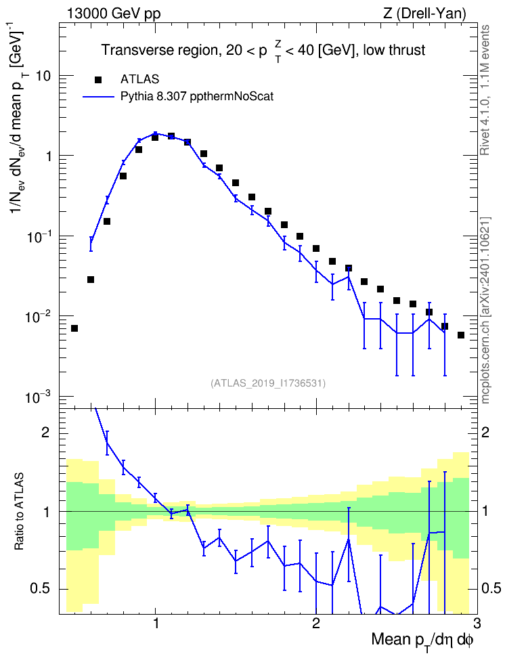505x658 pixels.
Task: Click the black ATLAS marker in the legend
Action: pyautogui.click(x=98, y=79)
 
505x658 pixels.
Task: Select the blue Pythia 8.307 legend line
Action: pyautogui.click(x=98, y=97)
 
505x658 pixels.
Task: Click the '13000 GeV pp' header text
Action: pyautogui.click(x=113, y=14)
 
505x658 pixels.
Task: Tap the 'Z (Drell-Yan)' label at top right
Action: pyautogui.click(x=424, y=14)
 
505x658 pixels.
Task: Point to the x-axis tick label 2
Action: pyautogui.click(x=316, y=622)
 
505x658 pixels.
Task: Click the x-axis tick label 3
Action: pyautogui.click(x=477, y=622)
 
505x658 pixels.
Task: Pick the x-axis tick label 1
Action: pyautogui.click(x=156, y=622)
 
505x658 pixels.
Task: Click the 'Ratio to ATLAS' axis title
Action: pyautogui.click(x=18, y=512)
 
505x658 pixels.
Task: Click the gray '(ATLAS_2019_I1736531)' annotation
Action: pyautogui.click(x=268, y=383)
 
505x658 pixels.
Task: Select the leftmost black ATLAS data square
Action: pyautogui.click(x=74, y=328)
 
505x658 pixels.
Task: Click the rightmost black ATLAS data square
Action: pyautogui.click(x=461, y=335)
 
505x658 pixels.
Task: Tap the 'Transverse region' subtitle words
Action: pyautogui.click(x=158, y=50)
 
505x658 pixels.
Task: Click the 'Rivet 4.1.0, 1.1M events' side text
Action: pyautogui.click(x=485, y=90)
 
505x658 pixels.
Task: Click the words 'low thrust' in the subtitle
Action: pyautogui.click(x=394, y=50)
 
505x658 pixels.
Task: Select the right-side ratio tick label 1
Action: pyautogui.click(x=485, y=512)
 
